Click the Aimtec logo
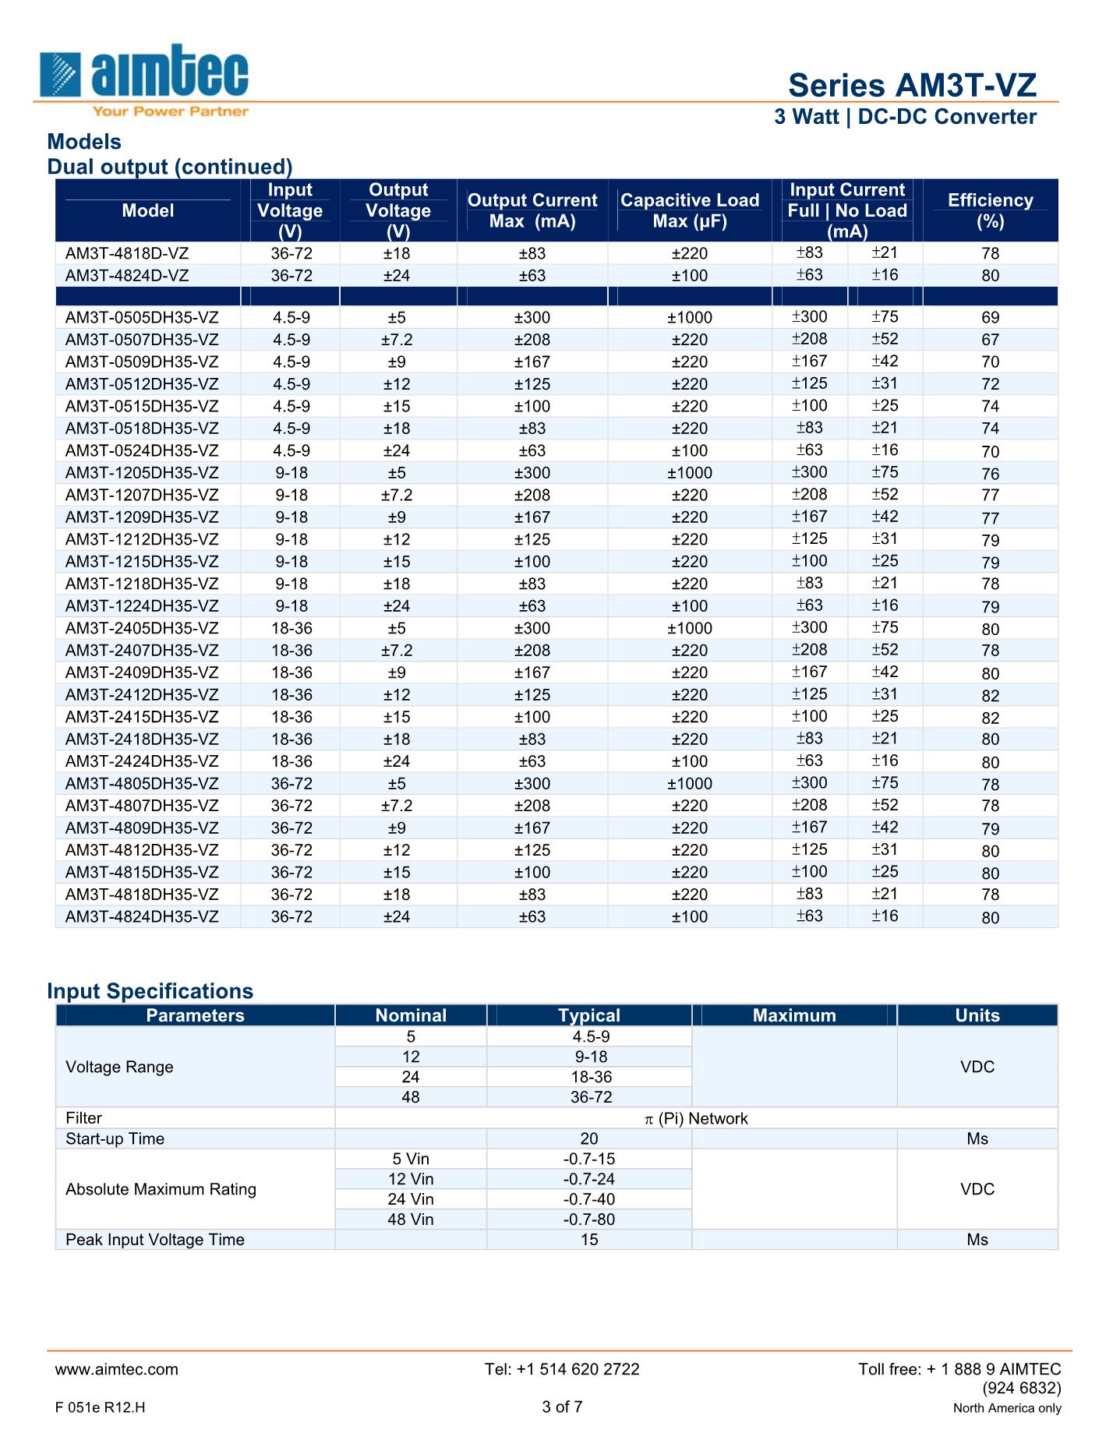pos(145,79)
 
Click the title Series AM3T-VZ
pos(912,85)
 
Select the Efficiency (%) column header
pos(990,210)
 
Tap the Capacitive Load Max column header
pos(690,210)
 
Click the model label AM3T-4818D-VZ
pos(127,253)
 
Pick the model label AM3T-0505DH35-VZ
pos(142,317)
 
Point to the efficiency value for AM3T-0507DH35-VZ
pos(990,340)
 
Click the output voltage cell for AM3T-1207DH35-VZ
pos(397,495)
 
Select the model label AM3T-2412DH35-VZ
pos(142,694)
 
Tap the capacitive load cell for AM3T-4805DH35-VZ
pos(690,783)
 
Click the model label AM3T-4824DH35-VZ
pos(142,916)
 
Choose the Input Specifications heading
pos(150,990)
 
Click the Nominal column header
pos(411,1015)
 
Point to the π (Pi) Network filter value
pos(696,1118)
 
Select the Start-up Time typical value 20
pos(589,1138)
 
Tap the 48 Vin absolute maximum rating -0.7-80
pos(589,1219)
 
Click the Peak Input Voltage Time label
pos(155,1240)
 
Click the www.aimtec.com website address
pos(117,1369)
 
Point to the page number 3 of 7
pos(562,1406)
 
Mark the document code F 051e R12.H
pos(101,1407)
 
